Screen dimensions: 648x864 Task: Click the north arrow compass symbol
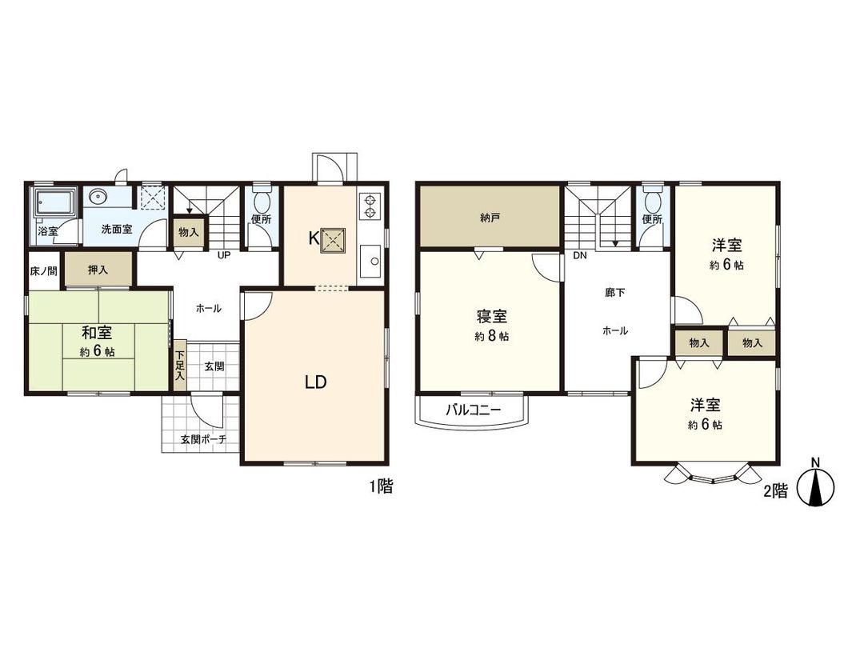815,486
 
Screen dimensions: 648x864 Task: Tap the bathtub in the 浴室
53,206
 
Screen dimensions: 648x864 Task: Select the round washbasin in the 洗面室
99,197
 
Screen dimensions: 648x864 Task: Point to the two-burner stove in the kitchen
371,206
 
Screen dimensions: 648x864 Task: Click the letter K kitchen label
314,238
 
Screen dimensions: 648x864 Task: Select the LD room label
315,382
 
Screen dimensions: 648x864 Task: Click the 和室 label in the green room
96,332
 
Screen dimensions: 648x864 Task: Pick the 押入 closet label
98,270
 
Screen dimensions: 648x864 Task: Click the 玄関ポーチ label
203,439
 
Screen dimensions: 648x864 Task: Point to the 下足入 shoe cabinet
180,366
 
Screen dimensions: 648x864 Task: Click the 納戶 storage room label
490,217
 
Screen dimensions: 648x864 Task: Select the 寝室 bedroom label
490,317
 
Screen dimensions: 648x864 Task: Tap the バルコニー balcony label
473,410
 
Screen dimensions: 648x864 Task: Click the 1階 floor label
381,486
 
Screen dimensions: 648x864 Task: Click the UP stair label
226,256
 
